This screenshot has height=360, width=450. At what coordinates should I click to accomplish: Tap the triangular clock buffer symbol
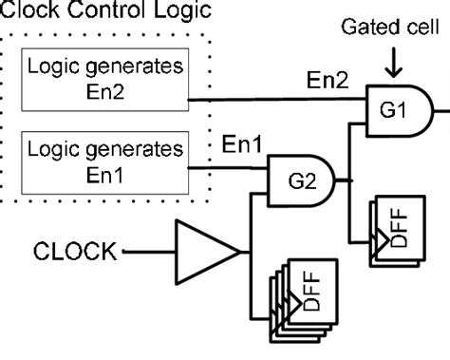tap(207, 251)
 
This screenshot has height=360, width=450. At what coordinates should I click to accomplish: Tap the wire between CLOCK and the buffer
tap(147, 252)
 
